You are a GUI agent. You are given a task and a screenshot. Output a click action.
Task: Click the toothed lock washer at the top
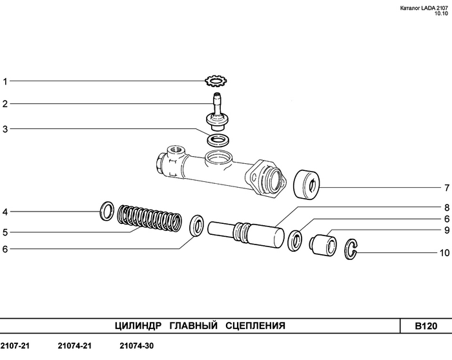pyautogui.click(x=216, y=81)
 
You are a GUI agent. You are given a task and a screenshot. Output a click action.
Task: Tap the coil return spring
pyautogui.click(x=150, y=218)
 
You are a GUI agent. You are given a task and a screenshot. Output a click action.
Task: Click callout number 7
pyautogui.click(x=447, y=188)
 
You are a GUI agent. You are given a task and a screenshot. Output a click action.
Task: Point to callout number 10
pyautogui.click(x=444, y=252)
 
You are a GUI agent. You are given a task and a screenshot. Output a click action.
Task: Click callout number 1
pyautogui.click(x=5, y=81)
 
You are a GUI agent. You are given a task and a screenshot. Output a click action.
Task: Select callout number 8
pyautogui.click(x=447, y=207)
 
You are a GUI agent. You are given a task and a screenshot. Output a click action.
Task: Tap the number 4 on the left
pyautogui.click(x=5, y=212)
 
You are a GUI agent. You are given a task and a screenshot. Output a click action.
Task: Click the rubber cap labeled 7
pyautogui.click(x=307, y=185)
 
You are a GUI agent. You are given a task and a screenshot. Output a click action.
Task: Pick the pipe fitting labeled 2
pyautogui.click(x=218, y=112)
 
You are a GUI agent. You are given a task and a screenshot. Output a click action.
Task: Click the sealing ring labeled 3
pyautogui.click(x=218, y=140)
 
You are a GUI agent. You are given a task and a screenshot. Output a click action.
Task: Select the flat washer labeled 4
pyautogui.click(x=107, y=211)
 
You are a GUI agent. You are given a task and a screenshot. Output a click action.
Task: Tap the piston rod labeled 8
pyautogui.click(x=246, y=234)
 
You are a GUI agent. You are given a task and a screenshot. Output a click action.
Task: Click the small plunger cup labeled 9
pyautogui.click(x=323, y=245)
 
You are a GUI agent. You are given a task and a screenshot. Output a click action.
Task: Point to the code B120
pyautogui.click(x=426, y=326)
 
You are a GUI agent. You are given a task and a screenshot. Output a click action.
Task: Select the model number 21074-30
pyautogui.click(x=137, y=346)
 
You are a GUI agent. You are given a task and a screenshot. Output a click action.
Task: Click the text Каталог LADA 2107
pyautogui.click(x=424, y=8)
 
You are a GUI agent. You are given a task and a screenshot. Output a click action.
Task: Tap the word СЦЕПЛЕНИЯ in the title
pyautogui.click(x=256, y=326)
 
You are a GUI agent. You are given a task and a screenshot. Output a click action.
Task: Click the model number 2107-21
pyautogui.click(x=15, y=346)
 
